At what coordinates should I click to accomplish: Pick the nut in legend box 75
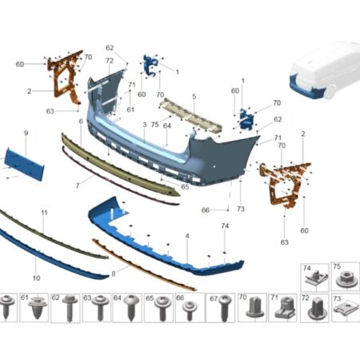(x=346, y=279)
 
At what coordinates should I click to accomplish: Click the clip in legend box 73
(x=346, y=309)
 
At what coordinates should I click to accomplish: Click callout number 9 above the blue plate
(x=26, y=133)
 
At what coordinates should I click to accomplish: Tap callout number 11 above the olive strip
(x=44, y=213)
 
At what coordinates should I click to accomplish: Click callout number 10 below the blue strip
(x=36, y=278)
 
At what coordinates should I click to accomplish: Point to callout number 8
(x=114, y=274)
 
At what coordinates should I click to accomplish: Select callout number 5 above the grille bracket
(x=194, y=96)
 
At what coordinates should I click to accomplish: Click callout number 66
(x=205, y=210)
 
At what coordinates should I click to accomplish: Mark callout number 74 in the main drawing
(x=225, y=226)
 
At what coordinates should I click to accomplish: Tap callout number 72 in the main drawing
(x=110, y=61)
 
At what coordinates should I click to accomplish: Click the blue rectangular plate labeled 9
(x=25, y=164)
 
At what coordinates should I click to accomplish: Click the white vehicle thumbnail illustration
(x=325, y=70)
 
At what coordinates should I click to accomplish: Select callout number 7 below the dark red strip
(x=78, y=186)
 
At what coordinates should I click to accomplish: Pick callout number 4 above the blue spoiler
(x=187, y=236)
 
